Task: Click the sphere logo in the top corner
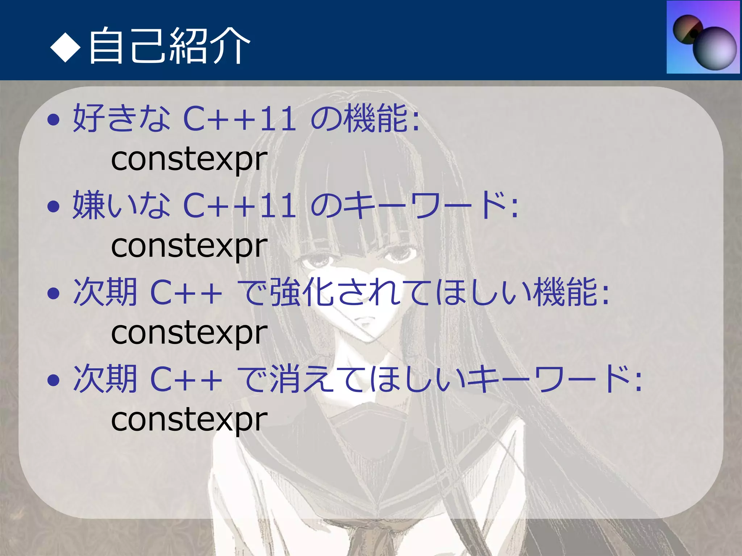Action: [x=703, y=37]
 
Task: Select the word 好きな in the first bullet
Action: [x=121, y=118]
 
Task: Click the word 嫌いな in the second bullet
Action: [x=121, y=205]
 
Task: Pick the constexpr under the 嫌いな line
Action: [x=189, y=246]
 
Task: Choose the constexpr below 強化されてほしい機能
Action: [x=189, y=333]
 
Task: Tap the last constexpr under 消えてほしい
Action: [x=189, y=420]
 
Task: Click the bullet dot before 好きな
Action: [x=53, y=119]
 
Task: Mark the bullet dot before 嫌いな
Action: [x=53, y=206]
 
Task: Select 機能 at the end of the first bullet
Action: [x=377, y=118]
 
